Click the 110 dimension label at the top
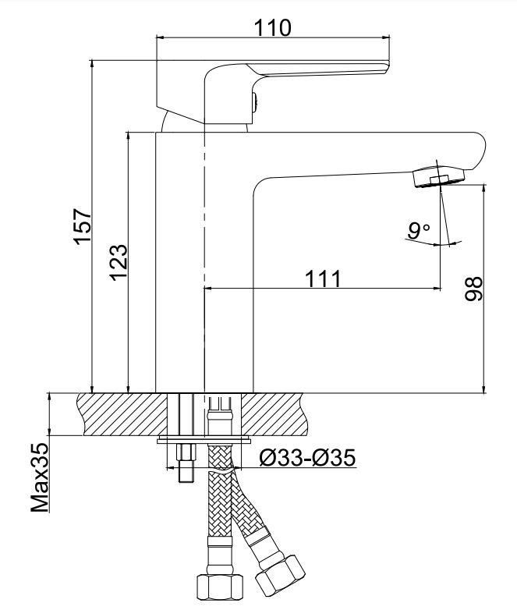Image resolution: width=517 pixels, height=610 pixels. point(272,27)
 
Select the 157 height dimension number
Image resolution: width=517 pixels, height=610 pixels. point(83,226)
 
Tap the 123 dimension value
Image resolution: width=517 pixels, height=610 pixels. point(119,261)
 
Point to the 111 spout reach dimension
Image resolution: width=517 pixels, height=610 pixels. point(323,278)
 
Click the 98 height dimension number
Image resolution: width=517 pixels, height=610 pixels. point(474,289)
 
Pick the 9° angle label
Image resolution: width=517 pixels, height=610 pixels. point(418,231)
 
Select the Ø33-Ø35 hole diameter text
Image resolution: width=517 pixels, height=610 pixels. point(307,457)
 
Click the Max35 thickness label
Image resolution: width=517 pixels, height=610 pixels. point(40,477)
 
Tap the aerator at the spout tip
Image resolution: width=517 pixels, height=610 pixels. point(439,176)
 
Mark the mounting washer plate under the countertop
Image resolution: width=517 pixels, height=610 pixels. point(204,441)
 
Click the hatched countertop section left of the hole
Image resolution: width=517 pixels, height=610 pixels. point(123,414)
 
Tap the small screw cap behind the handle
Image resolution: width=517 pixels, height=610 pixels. point(254,103)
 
